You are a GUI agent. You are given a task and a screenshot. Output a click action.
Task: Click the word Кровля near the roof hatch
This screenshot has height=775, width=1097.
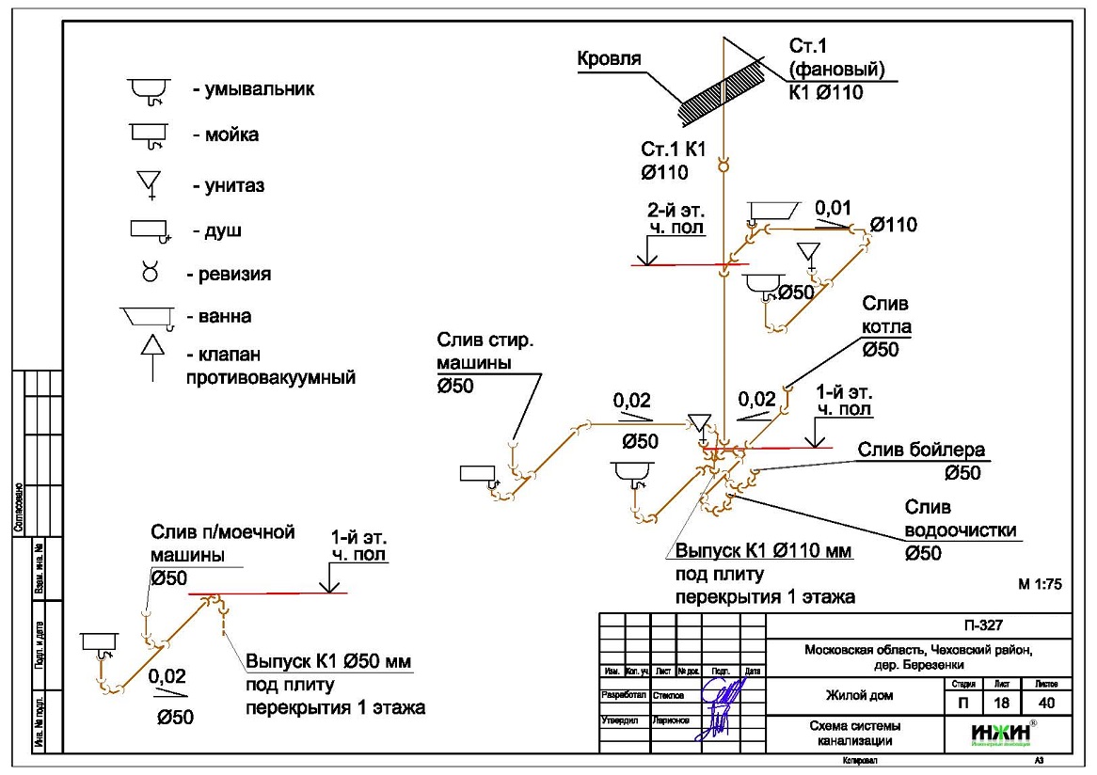[x=609, y=58]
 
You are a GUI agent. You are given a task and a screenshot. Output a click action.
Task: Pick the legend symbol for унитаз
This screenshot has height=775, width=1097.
[x=149, y=182]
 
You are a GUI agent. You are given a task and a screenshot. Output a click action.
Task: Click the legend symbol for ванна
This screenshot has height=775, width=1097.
[x=148, y=317]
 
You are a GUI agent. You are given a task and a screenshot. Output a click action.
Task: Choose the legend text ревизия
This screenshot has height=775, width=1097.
[x=229, y=275]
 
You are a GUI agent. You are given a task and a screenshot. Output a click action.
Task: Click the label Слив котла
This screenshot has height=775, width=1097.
[x=885, y=325]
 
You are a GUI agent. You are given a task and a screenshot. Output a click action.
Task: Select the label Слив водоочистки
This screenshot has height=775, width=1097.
[x=960, y=518]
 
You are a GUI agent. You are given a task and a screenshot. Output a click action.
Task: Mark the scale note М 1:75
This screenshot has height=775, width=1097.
[x=1040, y=583]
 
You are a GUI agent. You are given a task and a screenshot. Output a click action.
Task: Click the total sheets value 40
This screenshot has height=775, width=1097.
[x=1048, y=703]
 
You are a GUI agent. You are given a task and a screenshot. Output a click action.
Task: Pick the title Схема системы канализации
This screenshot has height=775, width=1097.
[x=853, y=733]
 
